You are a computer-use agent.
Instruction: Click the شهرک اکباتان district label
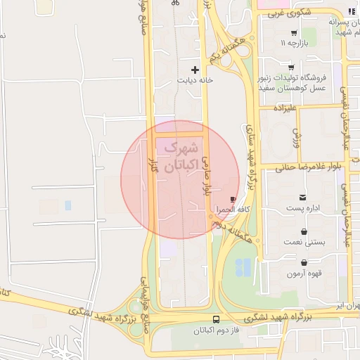click(177, 158)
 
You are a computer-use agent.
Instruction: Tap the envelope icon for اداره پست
click(302, 198)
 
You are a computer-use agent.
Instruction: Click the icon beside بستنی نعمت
click(303, 231)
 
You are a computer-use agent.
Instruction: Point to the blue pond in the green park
click(243, 267)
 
